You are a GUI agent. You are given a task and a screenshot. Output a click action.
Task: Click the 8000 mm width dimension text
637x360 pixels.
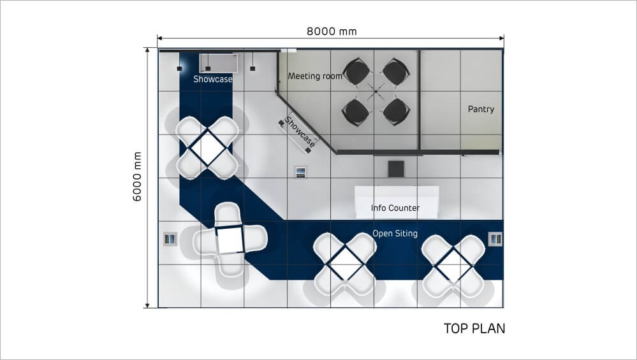click(x=332, y=31)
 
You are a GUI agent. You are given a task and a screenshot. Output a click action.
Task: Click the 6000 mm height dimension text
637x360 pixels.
click(x=137, y=176)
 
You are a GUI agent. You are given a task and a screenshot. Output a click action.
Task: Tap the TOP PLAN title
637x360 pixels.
click(x=474, y=328)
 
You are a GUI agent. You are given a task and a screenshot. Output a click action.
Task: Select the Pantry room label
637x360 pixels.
click(x=481, y=109)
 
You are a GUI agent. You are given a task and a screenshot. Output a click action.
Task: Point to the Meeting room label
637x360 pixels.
click(x=315, y=76)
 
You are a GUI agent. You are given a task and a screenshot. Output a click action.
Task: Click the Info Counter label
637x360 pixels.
click(x=395, y=208)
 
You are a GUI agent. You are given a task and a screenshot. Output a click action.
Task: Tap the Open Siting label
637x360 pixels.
click(x=395, y=233)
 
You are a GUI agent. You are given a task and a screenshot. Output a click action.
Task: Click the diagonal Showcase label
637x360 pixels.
click(x=300, y=132)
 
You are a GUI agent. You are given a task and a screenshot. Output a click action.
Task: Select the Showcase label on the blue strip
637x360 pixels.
click(x=213, y=79)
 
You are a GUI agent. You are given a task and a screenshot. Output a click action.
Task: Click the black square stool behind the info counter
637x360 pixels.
click(x=396, y=169)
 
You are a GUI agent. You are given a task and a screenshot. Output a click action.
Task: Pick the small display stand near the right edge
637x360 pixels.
click(x=495, y=239)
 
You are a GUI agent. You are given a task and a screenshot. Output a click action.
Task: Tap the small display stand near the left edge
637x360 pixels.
click(x=170, y=239)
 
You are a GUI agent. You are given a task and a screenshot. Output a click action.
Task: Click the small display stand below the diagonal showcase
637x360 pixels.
click(x=300, y=173)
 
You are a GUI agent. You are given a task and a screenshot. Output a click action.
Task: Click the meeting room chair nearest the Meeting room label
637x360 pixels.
click(x=356, y=72)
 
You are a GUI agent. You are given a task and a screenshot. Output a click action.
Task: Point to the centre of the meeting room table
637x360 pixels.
click(x=376, y=92)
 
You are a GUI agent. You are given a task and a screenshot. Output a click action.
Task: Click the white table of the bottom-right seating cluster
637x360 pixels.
click(x=453, y=264)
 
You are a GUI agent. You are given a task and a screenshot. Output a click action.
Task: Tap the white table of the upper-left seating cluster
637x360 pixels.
click(x=208, y=148)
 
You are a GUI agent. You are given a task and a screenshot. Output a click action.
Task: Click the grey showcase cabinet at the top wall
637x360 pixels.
click(x=219, y=63)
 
